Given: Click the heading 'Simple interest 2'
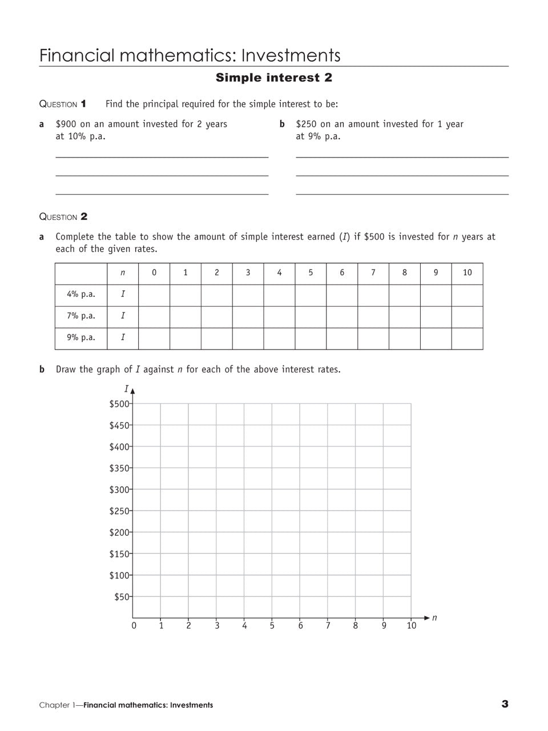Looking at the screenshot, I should click(x=273, y=78).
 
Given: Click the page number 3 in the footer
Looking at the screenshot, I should click(x=505, y=704).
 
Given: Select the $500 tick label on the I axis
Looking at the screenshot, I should click(x=119, y=404).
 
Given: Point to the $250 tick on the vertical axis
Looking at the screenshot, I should click(x=119, y=511).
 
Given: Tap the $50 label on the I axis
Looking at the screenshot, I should click(x=122, y=597).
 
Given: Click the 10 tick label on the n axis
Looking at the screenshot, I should click(x=411, y=626).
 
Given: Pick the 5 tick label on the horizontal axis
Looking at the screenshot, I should click(x=272, y=626).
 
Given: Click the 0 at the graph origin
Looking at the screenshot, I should click(x=134, y=626).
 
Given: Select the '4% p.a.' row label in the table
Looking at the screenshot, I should click(x=80, y=295).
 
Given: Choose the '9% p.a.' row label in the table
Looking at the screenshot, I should click(x=80, y=338).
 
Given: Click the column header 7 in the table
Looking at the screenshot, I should click(x=373, y=273).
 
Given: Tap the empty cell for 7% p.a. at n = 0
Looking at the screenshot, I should click(x=154, y=316).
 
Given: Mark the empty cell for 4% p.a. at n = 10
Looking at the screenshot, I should click(x=467, y=295).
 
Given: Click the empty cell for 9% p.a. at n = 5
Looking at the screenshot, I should click(x=311, y=338).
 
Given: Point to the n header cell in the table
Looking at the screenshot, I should click(x=123, y=273).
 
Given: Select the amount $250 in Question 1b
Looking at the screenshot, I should click(x=307, y=124).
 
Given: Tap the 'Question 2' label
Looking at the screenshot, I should click(x=63, y=217).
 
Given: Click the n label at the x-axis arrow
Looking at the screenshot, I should click(x=434, y=617).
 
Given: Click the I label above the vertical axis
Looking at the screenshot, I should click(x=126, y=389).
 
